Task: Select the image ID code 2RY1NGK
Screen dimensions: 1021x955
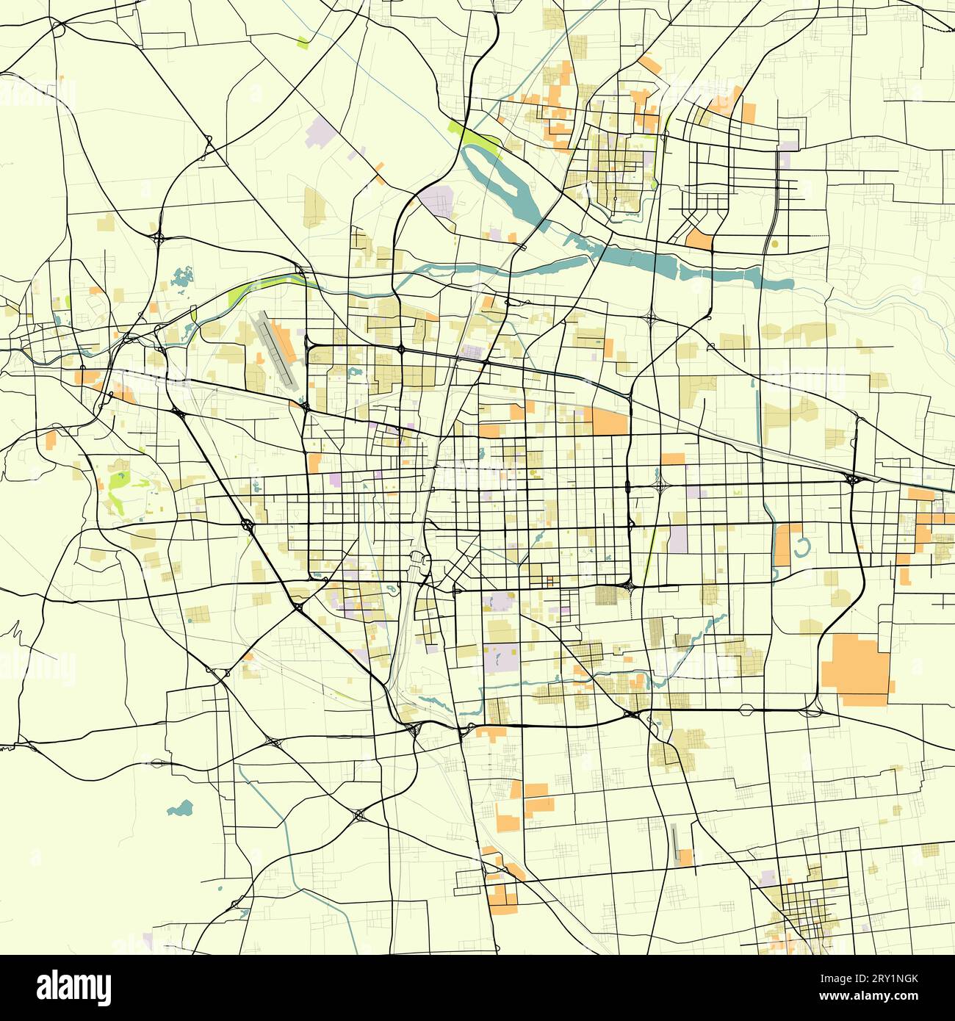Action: [889, 979]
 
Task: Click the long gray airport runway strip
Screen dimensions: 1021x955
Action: [273, 350]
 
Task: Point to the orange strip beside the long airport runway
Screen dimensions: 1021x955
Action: [285, 342]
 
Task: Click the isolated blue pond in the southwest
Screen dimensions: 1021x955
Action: [181, 809]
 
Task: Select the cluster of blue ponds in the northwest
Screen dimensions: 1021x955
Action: [181, 278]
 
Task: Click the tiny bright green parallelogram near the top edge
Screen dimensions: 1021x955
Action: [303, 42]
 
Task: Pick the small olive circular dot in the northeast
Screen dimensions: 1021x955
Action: [774, 243]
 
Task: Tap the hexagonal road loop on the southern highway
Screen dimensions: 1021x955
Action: [746, 710]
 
